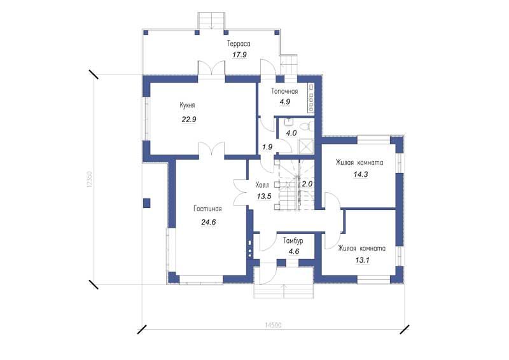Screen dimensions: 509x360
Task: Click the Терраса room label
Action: (239, 43)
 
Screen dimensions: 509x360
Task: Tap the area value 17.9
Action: (240, 55)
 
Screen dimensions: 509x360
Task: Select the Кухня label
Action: (187, 105)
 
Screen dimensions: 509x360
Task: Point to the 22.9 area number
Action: (189, 120)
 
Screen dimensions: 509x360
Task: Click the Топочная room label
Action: (284, 91)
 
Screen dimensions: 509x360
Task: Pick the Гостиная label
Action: (208, 209)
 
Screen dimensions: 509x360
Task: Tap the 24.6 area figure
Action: (209, 223)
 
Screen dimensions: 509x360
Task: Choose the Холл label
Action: (262, 185)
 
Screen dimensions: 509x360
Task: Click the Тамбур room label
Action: (293, 241)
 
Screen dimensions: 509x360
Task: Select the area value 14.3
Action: (361, 174)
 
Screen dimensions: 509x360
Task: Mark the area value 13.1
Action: (362, 260)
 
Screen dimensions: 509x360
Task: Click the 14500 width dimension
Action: (273, 325)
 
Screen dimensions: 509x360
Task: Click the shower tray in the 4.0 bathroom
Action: (306, 146)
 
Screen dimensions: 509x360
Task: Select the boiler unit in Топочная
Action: (311, 98)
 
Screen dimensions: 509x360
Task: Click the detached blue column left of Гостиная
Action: (147, 203)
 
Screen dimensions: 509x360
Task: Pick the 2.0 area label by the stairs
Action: (307, 184)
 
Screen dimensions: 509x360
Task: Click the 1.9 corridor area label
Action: (267, 147)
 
